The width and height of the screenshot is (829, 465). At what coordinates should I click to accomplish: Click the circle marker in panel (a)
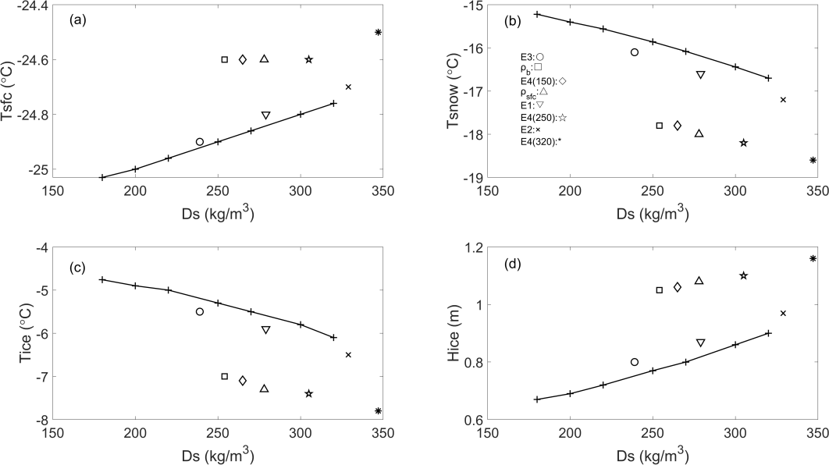pyautogui.click(x=200, y=142)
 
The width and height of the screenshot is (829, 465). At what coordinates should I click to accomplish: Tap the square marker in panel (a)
pyautogui.click(x=225, y=59)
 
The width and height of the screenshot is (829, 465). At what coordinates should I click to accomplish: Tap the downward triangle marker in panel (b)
pyautogui.click(x=700, y=75)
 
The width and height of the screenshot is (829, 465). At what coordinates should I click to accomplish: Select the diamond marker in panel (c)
pyautogui.click(x=243, y=381)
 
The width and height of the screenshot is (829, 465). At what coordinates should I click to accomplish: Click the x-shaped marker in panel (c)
pyautogui.click(x=348, y=355)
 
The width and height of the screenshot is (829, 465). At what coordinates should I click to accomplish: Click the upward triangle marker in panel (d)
pyautogui.click(x=699, y=281)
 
